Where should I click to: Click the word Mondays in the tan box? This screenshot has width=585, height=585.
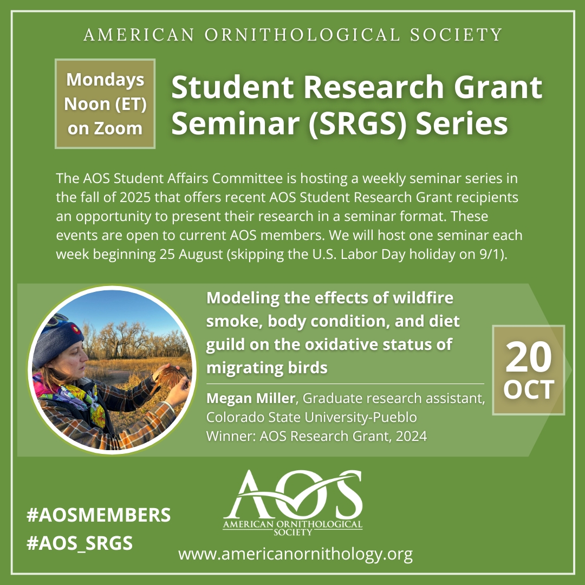click(x=105, y=80)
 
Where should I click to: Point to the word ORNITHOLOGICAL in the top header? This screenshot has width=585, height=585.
click(x=303, y=35)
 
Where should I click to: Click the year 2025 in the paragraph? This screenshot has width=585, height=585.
click(x=135, y=197)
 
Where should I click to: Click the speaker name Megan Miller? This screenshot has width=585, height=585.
click(x=251, y=398)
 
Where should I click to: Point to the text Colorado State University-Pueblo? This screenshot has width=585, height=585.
click(x=311, y=417)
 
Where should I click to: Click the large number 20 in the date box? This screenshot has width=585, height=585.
click(x=528, y=357)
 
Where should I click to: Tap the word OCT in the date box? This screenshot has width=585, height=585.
click(x=529, y=390)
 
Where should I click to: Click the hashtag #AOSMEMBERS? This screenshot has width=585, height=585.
click(x=99, y=515)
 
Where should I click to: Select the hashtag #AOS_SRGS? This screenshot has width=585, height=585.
click(x=80, y=543)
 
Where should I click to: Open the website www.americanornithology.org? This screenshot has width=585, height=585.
click(x=296, y=554)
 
